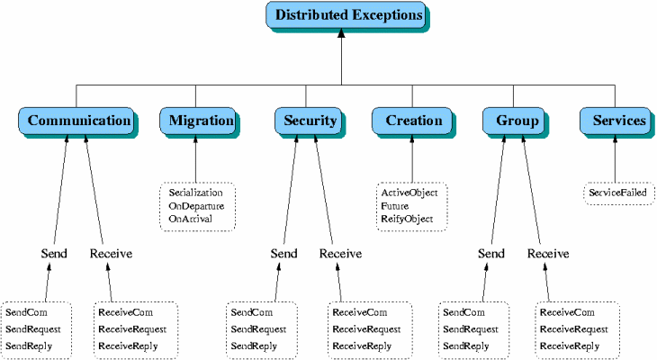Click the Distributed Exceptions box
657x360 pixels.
[x=346, y=15]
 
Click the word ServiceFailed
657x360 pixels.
[x=617, y=193]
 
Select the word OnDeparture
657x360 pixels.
[x=196, y=206]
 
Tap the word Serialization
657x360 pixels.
[x=195, y=193]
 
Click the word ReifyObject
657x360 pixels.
[x=407, y=220]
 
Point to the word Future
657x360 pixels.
[x=395, y=206]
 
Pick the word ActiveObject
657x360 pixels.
[x=409, y=193]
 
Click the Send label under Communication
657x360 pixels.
[x=54, y=254]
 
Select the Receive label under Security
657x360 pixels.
[x=341, y=254]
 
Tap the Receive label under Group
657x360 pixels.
[x=548, y=254]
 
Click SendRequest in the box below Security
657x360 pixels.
[x=258, y=329]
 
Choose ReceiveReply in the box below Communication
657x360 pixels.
[x=128, y=346]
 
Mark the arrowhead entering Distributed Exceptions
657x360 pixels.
[x=341, y=32]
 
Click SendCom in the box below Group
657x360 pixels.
[x=463, y=312]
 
